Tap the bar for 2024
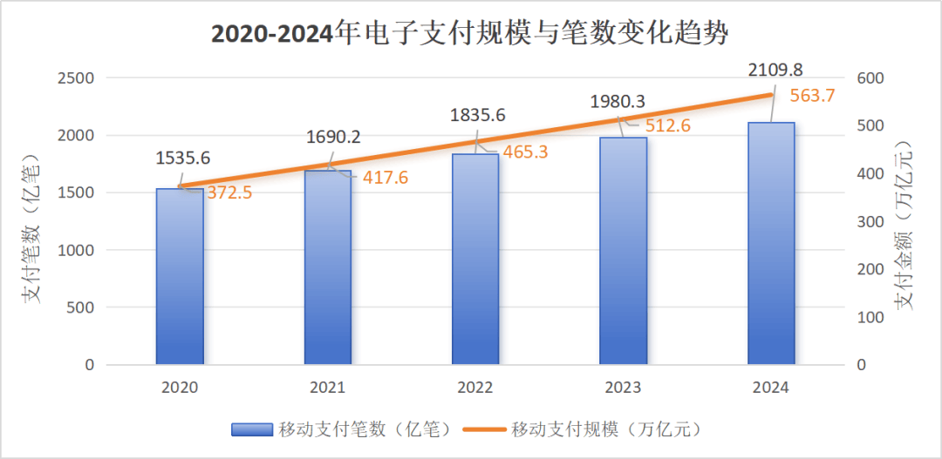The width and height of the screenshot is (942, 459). point(771,243)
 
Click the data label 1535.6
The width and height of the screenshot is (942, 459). point(183,159)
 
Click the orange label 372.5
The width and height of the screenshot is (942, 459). point(229,192)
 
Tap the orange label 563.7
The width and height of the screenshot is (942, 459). point(812,96)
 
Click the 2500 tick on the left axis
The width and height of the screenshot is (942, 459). point(76,78)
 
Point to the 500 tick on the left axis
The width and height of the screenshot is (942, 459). point(80,307)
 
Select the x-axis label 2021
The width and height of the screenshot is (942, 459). point(327,388)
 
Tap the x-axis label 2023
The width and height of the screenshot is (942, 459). point(623,388)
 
